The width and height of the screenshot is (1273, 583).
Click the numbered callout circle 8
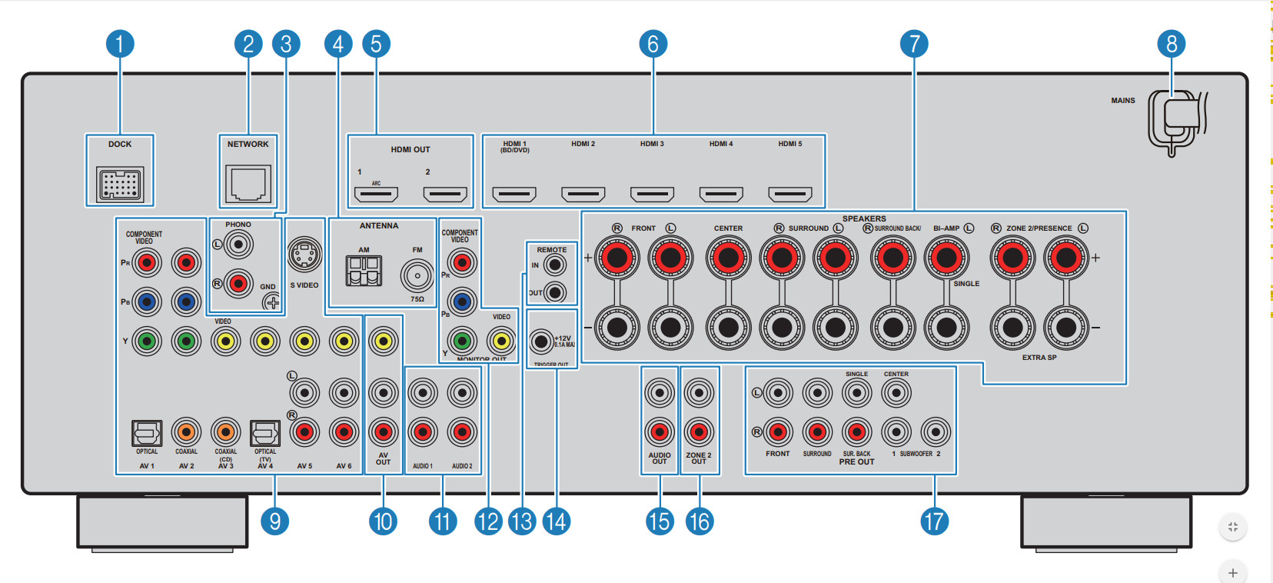tap(1172, 44)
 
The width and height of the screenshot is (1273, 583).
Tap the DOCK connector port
tap(120, 184)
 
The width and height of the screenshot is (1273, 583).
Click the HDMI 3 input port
tap(652, 194)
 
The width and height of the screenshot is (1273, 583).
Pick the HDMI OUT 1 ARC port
tap(375, 194)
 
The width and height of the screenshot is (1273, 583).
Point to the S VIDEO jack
tap(304, 255)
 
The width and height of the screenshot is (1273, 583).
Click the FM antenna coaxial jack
tap(417, 275)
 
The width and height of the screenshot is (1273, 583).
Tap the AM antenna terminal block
tap(364, 270)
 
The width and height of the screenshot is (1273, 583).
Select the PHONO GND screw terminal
tap(271, 302)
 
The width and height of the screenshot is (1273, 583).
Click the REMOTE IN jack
tap(554, 265)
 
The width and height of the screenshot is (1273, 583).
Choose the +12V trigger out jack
tap(541, 341)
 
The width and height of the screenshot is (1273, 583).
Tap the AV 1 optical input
tap(147, 432)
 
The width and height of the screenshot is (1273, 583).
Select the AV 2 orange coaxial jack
tap(186, 432)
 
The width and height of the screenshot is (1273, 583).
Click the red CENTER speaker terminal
tap(728, 258)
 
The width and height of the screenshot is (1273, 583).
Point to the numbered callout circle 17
tap(934, 521)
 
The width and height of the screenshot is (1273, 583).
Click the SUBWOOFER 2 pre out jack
tap(936, 432)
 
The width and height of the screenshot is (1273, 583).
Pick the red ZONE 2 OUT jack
tap(699, 432)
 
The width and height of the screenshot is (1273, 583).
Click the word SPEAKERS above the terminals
tap(864, 218)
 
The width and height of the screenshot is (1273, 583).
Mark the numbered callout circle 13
tap(521, 521)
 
